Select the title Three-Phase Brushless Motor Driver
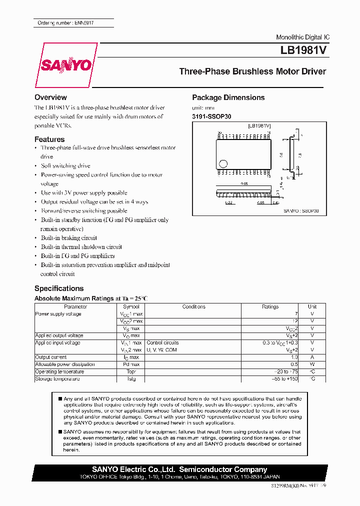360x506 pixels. (252, 71)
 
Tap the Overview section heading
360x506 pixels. (50, 97)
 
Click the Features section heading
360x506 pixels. (49, 139)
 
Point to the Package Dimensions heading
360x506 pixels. (228, 97)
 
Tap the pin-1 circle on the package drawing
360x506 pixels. (223, 163)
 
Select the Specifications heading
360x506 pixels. (59, 288)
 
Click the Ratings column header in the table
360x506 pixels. (270, 306)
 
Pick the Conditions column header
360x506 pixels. (193, 306)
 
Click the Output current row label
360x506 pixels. (51, 357)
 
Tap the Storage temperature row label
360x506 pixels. (57, 379)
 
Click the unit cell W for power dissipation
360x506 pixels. (312, 364)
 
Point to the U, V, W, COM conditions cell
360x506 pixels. (162, 350)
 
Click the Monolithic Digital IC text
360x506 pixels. (302, 37)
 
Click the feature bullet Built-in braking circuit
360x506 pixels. (69, 238)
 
